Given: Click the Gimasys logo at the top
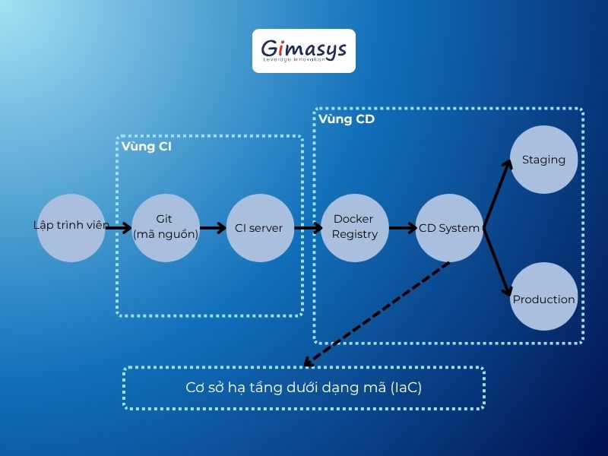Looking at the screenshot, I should pyautogui.click(x=303, y=51).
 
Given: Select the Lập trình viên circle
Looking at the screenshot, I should pyautogui.click(x=71, y=226).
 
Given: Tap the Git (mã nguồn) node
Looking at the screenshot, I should pyautogui.click(x=166, y=226).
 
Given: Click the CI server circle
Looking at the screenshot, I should pyautogui.click(x=260, y=227).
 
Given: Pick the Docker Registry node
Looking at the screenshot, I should pyautogui.click(x=354, y=226).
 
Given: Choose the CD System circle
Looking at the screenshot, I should pyautogui.click(x=449, y=227).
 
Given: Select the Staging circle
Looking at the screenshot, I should pyautogui.click(x=543, y=160).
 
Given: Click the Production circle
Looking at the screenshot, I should pyautogui.click(x=543, y=299).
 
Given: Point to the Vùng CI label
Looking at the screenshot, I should pyautogui.click(x=146, y=147).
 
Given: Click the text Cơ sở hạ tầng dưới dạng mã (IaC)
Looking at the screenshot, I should pyautogui.click(x=303, y=388).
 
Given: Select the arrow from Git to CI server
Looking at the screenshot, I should pyautogui.click(x=213, y=227).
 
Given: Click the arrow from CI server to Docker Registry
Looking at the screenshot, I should pyautogui.click(x=308, y=227).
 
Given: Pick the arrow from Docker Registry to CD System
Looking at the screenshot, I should pyautogui.click(x=402, y=227).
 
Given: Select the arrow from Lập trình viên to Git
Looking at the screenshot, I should pyautogui.click(x=118, y=226).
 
